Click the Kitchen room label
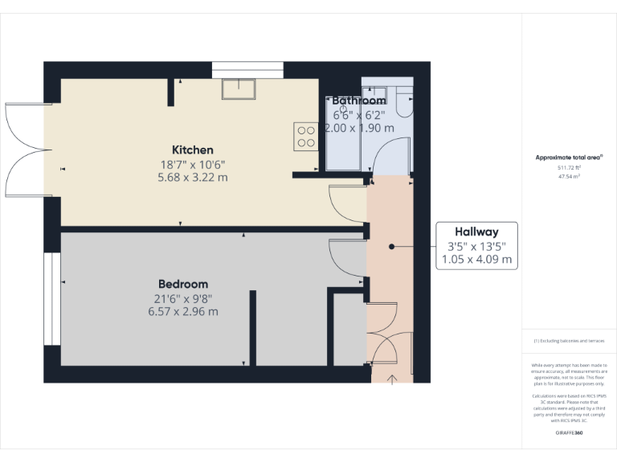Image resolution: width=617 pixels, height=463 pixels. coord(193,150)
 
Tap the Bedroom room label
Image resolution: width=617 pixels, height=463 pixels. coord(183,284)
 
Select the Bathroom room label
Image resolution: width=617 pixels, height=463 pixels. coord(360,100)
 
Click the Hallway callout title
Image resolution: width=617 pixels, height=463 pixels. coord(477,231)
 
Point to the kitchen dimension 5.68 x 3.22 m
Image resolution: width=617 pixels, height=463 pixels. coord(193,177)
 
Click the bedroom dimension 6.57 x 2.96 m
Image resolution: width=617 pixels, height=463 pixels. coord(183,312)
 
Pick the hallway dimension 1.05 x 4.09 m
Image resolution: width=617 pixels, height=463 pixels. coord(477,260)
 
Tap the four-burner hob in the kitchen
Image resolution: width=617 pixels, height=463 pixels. coord(306,136)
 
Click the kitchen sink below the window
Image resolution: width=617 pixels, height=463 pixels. coord(239,89)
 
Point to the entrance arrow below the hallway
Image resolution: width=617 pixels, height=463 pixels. coord(391,378)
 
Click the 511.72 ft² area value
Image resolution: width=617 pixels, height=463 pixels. coord(569,167)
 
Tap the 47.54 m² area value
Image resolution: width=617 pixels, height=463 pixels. coord(569,175)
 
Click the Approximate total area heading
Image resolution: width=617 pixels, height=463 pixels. coord(568,157)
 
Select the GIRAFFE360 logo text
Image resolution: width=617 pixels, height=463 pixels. coord(569,433)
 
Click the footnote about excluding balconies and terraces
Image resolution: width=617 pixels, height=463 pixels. coord(569,341)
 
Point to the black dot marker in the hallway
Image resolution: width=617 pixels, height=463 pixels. coord(390,247)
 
